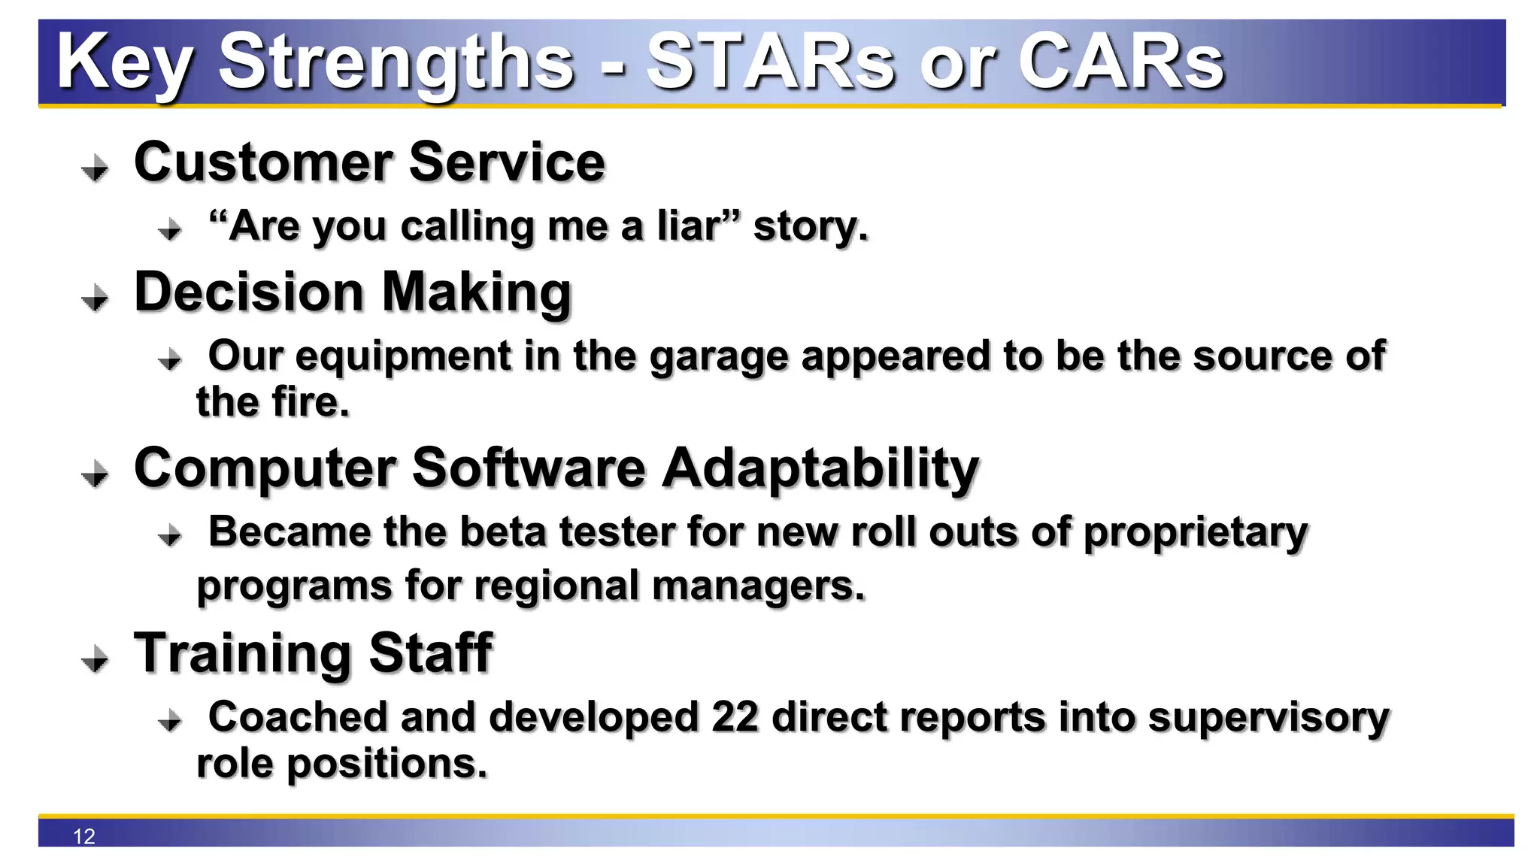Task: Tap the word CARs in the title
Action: pyautogui.click(x=1120, y=63)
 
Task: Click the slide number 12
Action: pyautogui.click(x=84, y=836)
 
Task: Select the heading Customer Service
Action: pyautogui.click(x=369, y=162)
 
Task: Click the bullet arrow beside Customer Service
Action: pyautogui.click(x=95, y=168)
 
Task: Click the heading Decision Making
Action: pyautogui.click(x=353, y=292)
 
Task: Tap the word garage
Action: pyautogui.click(x=718, y=357)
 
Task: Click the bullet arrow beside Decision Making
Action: pyautogui.click(x=95, y=298)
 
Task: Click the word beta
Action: pyautogui.click(x=502, y=532)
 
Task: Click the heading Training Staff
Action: pyautogui.click(x=313, y=653)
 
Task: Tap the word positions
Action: pyautogui.click(x=387, y=765)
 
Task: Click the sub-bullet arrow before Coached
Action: pyautogui.click(x=171, y=721)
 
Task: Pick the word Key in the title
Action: pyautogui.click(x=124, y=63)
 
